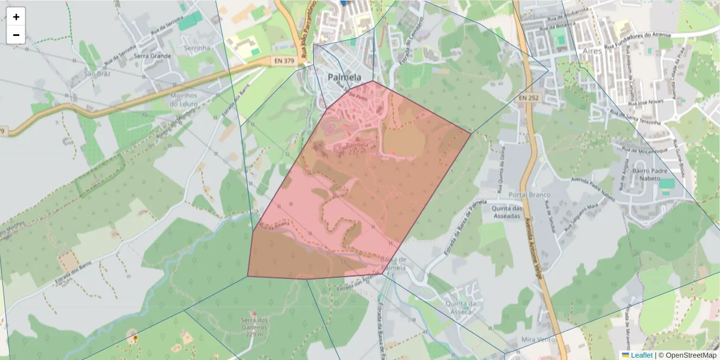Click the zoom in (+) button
(x=16, y=17)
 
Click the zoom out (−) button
(x=16, y=35)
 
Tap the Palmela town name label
(x=344, y=77)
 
